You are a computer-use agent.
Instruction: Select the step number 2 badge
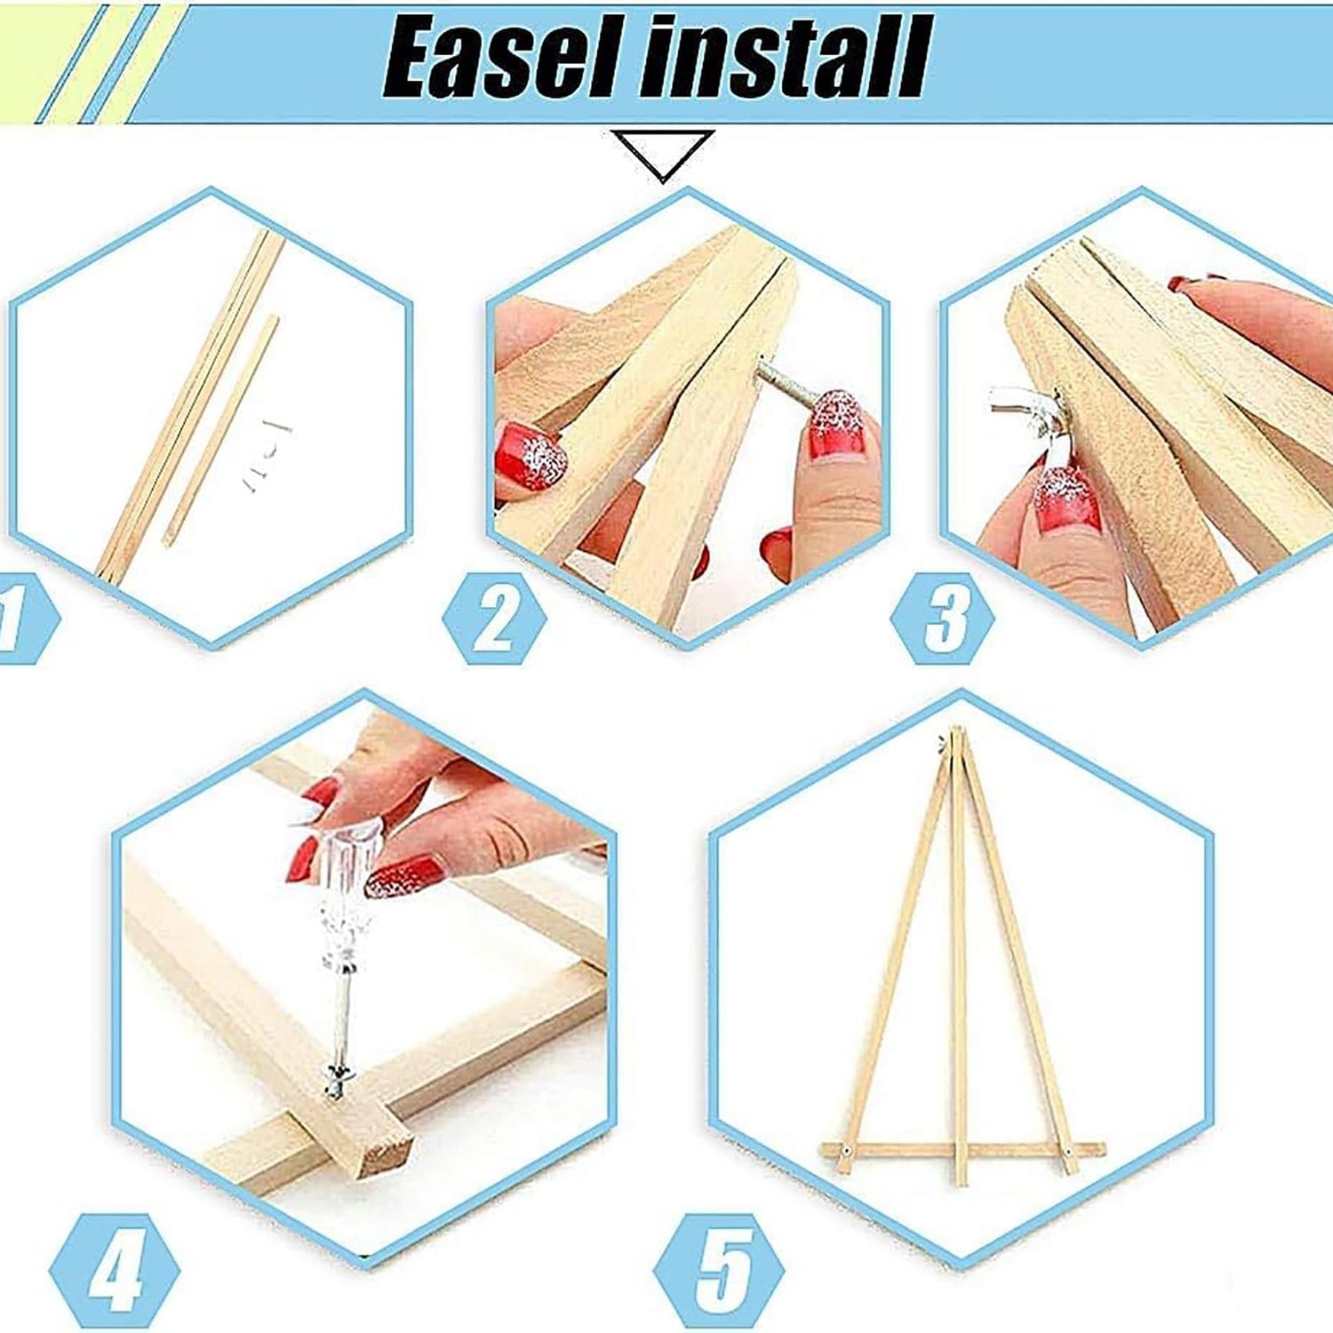click(494, 619)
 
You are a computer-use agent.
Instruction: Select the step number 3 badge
click(943, 619)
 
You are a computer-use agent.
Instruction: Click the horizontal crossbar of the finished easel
click(963, 1150)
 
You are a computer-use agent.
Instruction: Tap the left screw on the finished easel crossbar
click(845, 1151)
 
